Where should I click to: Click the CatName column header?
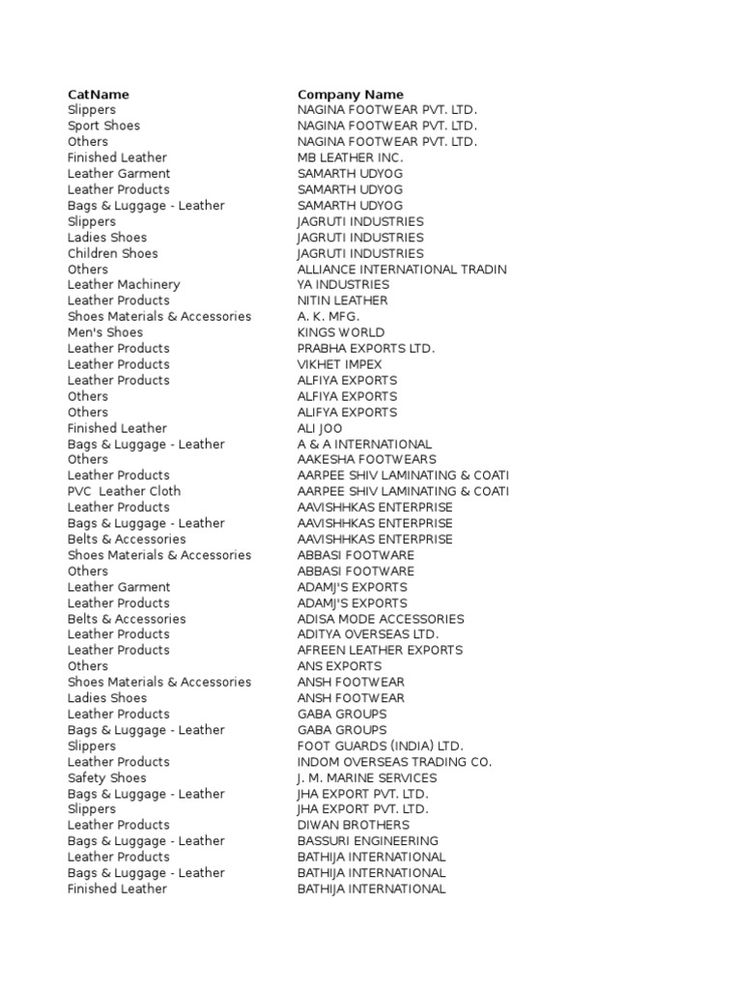(98, 95)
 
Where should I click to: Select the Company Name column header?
(351, 95)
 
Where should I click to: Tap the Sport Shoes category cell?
(103, 126)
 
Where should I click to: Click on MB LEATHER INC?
(350, 157)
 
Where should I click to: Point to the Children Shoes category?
(112, 253)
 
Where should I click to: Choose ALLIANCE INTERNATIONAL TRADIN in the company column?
(402, 269)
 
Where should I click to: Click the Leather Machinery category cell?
(124, 285)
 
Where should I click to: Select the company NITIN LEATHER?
(342, 300)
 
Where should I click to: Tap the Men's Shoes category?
(105, 332)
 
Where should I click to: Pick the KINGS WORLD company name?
(341, 332)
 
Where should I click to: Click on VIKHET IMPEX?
(339, 364)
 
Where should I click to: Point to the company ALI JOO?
(320, 428)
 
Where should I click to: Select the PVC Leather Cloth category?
(124, 491)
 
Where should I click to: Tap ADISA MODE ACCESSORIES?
(381, 619)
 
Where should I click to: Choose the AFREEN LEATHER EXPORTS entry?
(380, 650)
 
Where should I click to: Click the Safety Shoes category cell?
(107, 777)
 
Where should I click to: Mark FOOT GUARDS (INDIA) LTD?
(381, 746)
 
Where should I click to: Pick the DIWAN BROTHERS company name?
(353, 825)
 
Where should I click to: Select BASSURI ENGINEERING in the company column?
(367, 841)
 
